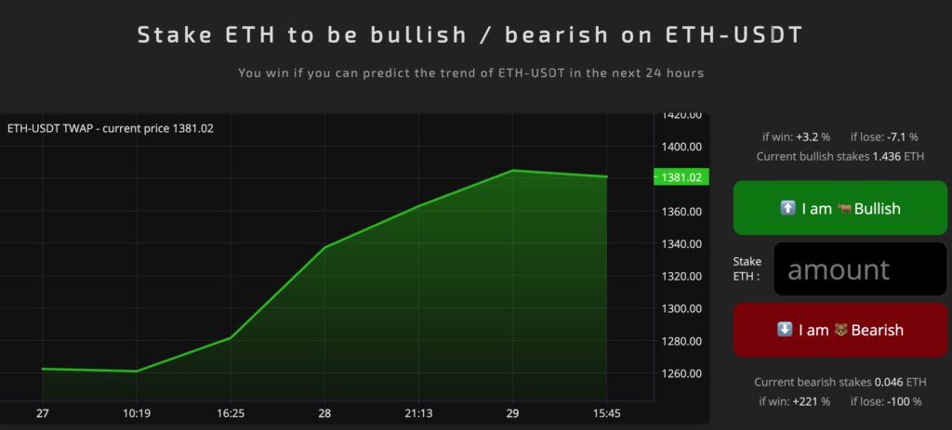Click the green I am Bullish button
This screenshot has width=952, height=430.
840,207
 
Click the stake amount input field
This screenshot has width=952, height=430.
860,269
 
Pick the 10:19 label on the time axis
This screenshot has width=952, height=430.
137,413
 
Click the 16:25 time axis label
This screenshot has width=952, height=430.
231,413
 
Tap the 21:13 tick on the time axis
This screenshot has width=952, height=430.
419,413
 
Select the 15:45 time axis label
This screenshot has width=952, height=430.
607,413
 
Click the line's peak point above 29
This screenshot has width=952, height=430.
513,171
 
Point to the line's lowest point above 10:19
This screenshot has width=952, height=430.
137,371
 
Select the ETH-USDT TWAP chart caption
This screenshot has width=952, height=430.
111,128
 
